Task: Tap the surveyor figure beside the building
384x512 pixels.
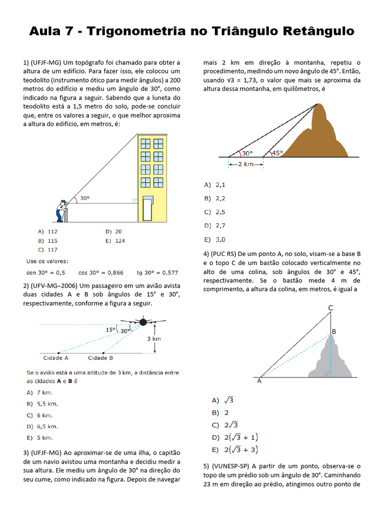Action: [61, 210]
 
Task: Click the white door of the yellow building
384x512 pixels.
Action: [147, 209]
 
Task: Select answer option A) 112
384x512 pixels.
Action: [47, 231]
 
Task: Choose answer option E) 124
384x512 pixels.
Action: [114, 240]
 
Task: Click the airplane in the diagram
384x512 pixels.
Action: [142, 321]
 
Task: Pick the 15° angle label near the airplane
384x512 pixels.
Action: [110, 329]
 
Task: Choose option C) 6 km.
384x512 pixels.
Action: [42, 415]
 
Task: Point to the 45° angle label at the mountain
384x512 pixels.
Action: [277, 153]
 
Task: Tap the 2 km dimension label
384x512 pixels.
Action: [246, 164]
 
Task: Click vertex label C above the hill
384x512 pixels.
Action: [330, 308]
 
